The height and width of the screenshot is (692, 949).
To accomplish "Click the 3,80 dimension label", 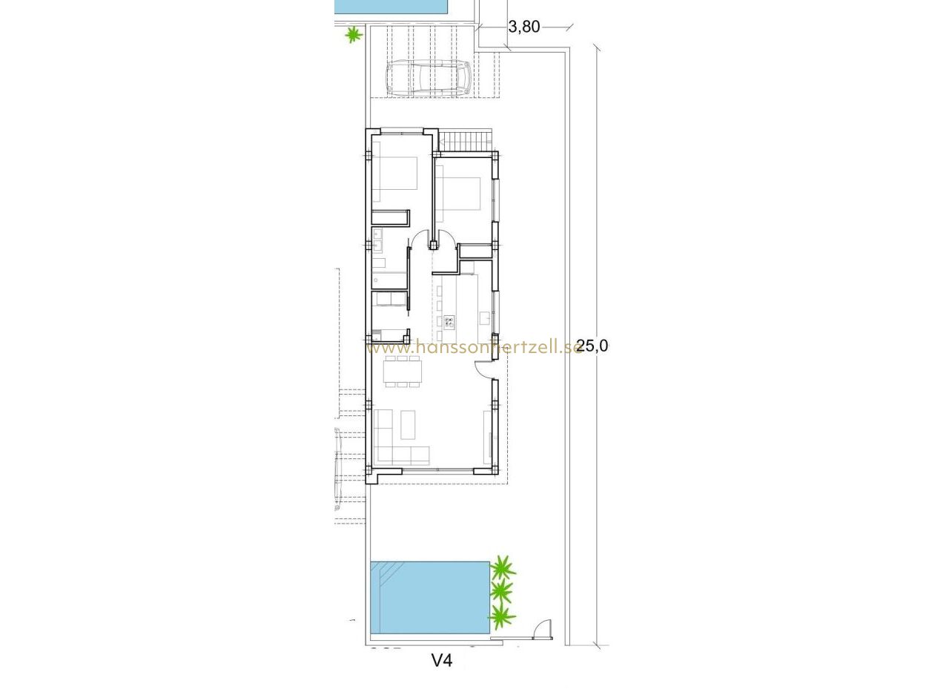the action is click(x=524, y=27).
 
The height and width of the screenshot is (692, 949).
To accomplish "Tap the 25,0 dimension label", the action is click(x=592, y=346).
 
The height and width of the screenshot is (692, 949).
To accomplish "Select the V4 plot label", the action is click(x=442, y=660).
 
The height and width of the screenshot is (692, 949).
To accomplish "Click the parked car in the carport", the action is click(x=428, y=77).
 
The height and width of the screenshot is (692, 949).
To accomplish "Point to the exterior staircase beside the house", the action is click(x=465, y=140).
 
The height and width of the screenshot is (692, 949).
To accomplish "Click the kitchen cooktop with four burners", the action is click(x=449, y=322).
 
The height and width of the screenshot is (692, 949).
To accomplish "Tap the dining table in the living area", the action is click(x=403, y=371).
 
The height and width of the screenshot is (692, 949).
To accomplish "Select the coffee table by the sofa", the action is click(x=408, y=424).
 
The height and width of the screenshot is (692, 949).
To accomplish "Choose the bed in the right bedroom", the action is click(x=458, y=194).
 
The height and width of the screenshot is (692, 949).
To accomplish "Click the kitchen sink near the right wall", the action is click(x=485, y=318).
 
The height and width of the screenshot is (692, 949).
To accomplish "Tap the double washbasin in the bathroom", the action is click(x=377, y=240).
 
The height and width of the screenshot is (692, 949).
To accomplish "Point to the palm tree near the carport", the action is click(x=354, y=34).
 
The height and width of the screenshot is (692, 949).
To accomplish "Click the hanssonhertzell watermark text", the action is click(x=473, y=349).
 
